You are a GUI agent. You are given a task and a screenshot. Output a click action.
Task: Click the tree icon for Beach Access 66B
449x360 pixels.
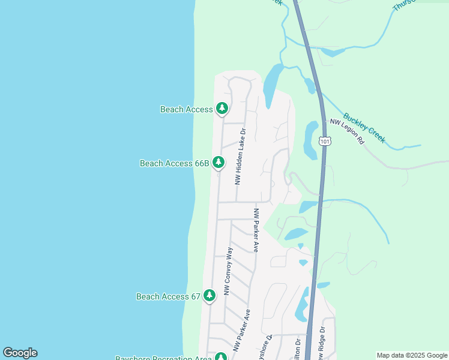(218, 163)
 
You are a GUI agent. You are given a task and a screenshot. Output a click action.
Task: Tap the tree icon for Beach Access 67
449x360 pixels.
(209, 296)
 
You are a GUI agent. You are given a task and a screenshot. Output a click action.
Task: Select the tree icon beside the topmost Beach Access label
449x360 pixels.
(222, 109)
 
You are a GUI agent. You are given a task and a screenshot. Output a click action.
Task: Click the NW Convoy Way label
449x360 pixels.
(228, 271)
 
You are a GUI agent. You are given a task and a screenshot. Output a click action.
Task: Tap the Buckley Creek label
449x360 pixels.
(364, 128)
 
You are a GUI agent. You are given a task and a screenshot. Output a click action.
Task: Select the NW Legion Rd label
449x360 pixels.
(348, 131)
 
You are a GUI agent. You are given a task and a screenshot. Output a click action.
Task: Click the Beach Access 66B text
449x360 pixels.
(174, 163)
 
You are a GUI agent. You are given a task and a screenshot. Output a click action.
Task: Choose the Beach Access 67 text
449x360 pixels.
(168, 296)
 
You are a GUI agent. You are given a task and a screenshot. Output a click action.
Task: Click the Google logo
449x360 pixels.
(20, 353)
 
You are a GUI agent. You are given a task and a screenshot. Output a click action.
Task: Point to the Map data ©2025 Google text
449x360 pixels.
(412, 355)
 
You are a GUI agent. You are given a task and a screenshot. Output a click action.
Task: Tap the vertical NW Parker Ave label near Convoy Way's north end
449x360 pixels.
(256, 230)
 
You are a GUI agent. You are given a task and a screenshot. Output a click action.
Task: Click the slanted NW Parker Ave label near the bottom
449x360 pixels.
(241, 331)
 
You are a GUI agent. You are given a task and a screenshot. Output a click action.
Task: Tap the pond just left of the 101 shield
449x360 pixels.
(311, 140)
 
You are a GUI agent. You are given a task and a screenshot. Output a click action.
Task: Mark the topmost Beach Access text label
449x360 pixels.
(186, 109)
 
